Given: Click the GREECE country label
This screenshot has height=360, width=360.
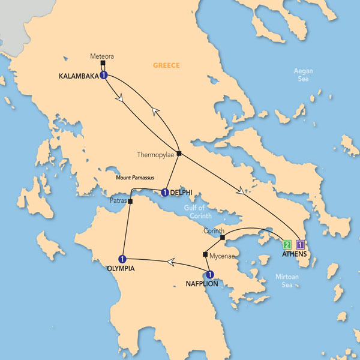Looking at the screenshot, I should coord(167,65).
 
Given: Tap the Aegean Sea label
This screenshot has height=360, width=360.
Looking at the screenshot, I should coord(303,75).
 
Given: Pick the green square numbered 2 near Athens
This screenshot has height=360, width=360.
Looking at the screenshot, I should coord(287,245).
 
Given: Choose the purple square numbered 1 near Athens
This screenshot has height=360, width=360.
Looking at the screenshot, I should coord(301,245).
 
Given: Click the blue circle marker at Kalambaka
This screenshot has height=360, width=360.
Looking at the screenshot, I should coord(104,76).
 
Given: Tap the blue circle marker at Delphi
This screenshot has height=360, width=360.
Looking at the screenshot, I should coord(164,193).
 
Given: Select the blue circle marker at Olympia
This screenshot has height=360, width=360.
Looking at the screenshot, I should coord(122,259).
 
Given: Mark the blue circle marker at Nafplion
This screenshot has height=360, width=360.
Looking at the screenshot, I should coord(210,275).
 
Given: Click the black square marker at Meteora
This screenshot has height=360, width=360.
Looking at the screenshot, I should coord(103,63).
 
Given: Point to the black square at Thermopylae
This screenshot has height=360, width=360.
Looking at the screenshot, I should coord(179,153).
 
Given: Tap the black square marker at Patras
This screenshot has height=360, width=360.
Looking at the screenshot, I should coord(130,201).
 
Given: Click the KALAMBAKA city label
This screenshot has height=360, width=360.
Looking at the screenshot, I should coord(79,76).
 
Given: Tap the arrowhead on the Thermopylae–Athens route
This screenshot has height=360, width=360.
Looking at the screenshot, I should coord(241,192).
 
